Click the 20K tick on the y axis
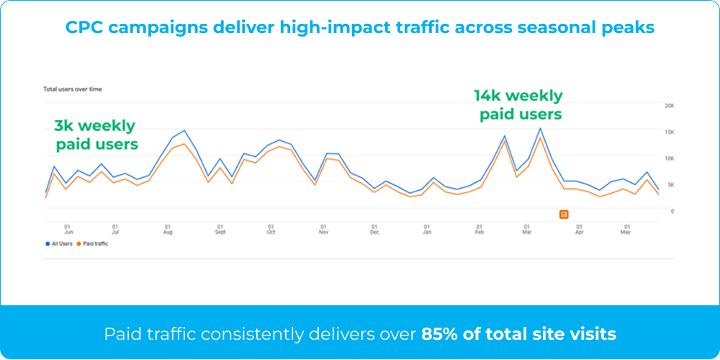(669, 106)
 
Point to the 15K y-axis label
(669, 132)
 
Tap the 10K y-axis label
(669, 158)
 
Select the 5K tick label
(670, 185)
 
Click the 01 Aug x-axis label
(168, 229)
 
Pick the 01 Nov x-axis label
(323, 229)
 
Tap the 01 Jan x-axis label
(427, 229)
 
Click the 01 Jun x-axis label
(68, 229)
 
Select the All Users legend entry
(60, 244)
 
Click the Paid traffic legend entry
(94, 244)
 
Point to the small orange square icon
(564, 214)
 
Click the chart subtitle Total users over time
(73, 89)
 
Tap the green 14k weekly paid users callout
(518, 105)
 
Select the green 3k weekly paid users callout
(96, 135)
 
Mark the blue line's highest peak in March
(540, 129)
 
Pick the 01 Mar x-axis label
(527, 229)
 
